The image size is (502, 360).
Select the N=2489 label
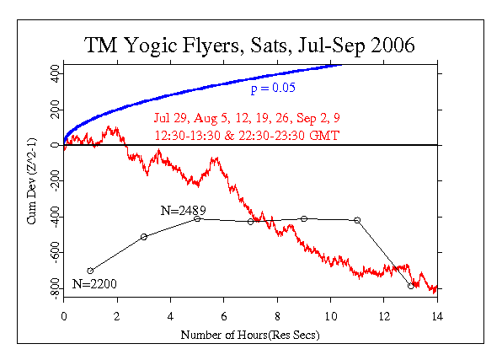coord(184,208)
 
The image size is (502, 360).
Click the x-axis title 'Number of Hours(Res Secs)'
coord(250,335)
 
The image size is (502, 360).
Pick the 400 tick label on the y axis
coord(52,73)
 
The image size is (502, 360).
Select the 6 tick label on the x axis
coord(224,318)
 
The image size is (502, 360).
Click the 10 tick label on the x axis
coord(330,318)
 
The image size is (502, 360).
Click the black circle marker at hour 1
coord(90,271)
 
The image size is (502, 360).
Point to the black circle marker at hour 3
coord(144,237)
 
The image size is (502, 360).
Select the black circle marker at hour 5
coord(197,219)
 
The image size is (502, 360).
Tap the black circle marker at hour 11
coord(357,220)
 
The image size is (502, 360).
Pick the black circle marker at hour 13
coord(411,286)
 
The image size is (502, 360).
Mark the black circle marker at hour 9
coord(304,219)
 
